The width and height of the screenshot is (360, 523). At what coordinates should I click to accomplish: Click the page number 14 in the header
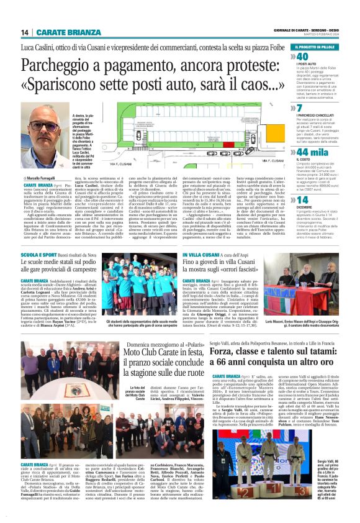click(25, 32)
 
